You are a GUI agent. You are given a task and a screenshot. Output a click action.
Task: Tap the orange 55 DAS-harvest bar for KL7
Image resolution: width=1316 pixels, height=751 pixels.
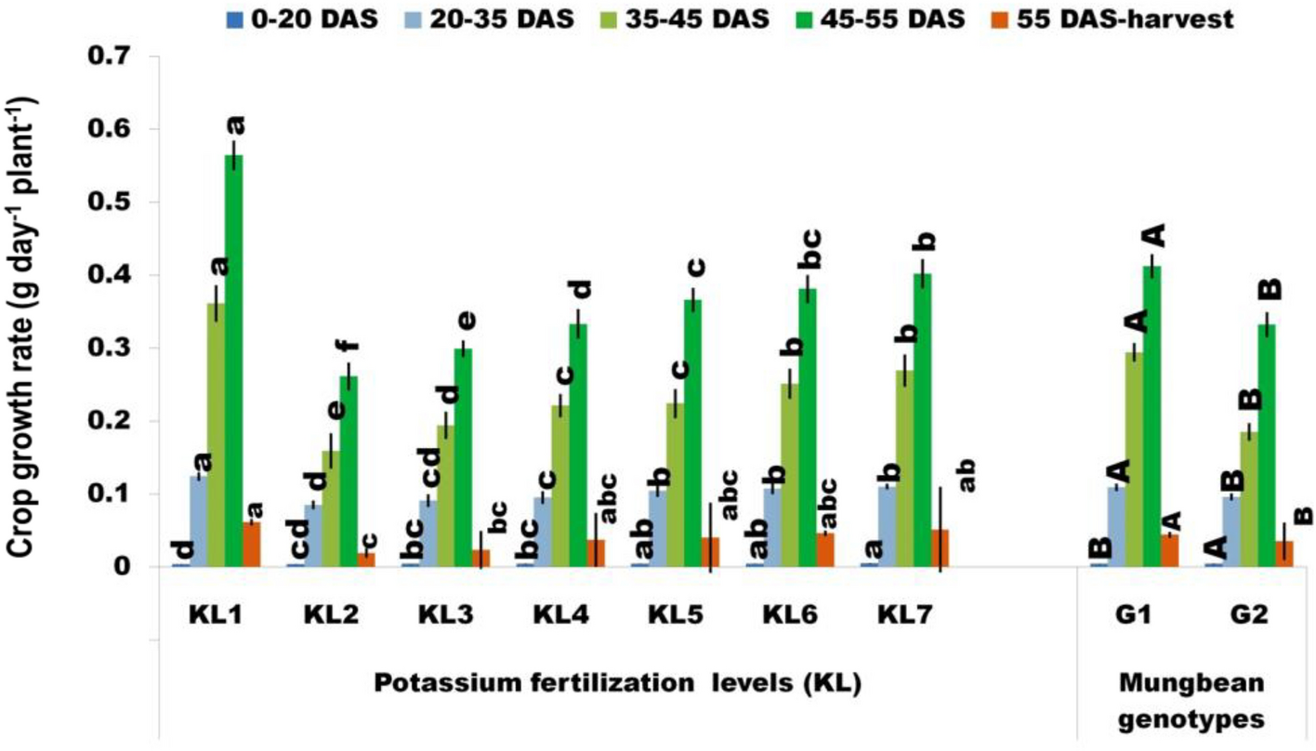click(941, 548)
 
